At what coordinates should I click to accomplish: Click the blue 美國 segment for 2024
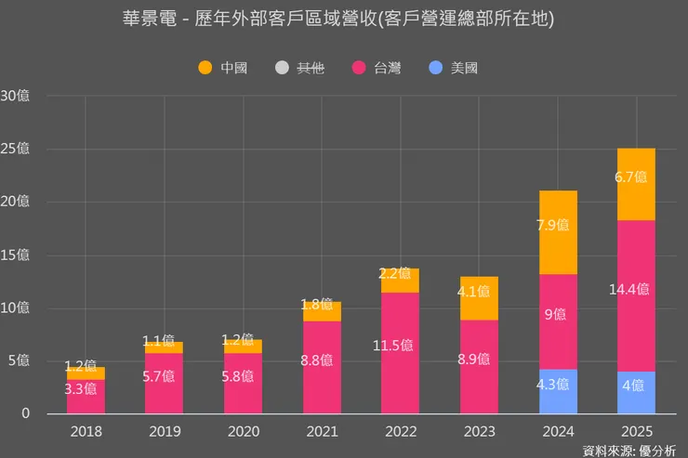coord(558,392)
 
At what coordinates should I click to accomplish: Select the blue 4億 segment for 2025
coord(636,393)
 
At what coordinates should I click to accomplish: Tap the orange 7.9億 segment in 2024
coord(558,232)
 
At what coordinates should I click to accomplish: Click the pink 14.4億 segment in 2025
coord(636,295)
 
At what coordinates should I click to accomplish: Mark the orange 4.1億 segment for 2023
coord(480,298)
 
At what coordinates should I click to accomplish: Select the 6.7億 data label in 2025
coord(636,177)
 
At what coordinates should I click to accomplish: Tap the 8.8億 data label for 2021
coord(323,360)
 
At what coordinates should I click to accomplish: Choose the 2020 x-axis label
coord(242,432)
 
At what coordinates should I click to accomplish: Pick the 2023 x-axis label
coord(480,432)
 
